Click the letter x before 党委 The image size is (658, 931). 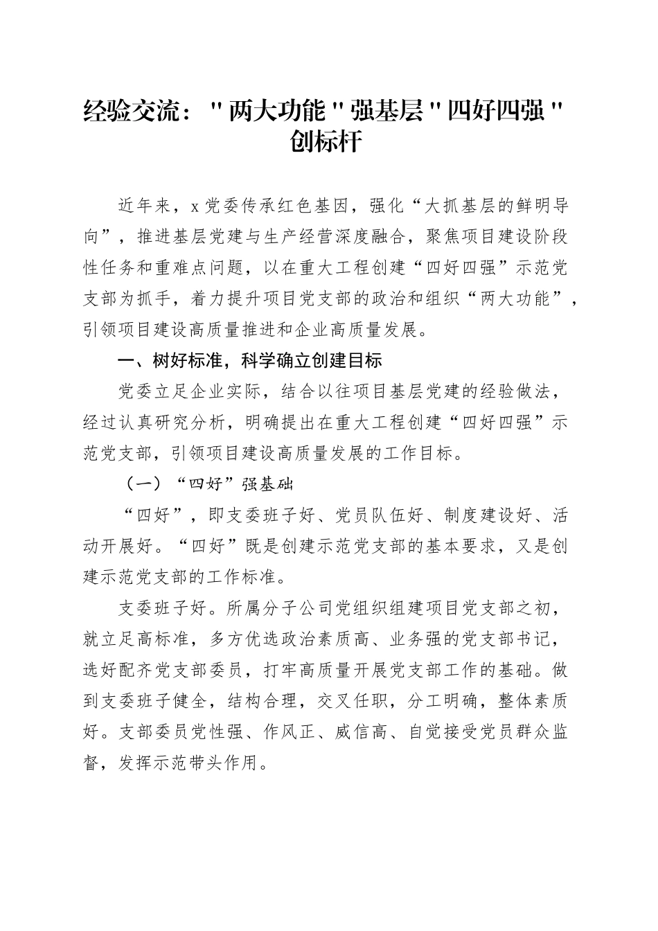pyautogui.click(x=195, y=206)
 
